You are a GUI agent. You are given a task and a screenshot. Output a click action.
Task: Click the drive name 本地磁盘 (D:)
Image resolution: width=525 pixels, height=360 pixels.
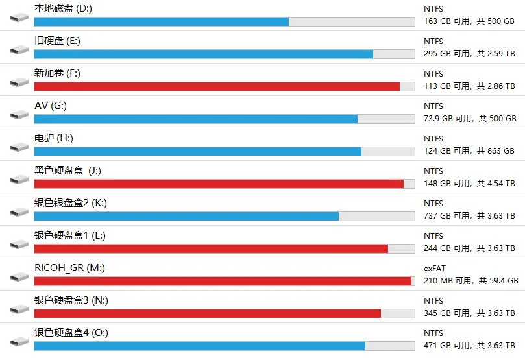pyautogui.click(x=63, y=8)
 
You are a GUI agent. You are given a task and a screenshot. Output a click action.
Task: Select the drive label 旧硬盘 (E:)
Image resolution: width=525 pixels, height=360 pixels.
pyautogui.click(x=57, y=41)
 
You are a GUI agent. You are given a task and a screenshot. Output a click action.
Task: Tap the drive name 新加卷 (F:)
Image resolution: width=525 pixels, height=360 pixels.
pyautogui.click(x=57, y=73)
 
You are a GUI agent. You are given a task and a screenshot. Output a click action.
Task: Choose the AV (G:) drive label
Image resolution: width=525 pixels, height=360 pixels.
pyautogui.click(x=51, y=106)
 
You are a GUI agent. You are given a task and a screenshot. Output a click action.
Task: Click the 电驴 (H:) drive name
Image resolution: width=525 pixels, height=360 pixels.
pyautogui.click(x=54, y=138)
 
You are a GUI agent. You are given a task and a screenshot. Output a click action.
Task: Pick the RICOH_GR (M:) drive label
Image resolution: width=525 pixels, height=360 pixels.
pyautogui.click(x=69, y=268)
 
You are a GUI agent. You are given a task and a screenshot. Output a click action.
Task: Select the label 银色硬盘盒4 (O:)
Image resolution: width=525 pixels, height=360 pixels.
pyautogui.click(x=71, y=333)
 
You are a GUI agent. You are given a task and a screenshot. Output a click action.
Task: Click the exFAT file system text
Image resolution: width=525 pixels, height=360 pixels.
pyautogui.click(x=435, y=269)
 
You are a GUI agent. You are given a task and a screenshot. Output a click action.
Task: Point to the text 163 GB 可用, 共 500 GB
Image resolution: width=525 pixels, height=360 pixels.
pyautogui.click(x=469, y=21)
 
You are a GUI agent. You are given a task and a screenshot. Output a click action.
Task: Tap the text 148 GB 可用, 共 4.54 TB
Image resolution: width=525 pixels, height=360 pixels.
pyautogui.click(x=469, y=184)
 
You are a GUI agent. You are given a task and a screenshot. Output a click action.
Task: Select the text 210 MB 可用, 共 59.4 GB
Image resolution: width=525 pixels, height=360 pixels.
pyautogui.click(x=470, y=281)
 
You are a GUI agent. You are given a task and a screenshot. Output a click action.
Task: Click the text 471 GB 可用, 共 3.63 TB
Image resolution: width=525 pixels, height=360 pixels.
pyautogui.click(x=469, y=346)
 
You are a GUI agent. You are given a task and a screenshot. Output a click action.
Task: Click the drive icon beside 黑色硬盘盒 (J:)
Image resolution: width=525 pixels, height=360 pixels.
pyautogui.click(x=19, y=180)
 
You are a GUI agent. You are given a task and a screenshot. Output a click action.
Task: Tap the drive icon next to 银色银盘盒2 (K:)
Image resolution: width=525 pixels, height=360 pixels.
pyautogui.click(x=19, y=212)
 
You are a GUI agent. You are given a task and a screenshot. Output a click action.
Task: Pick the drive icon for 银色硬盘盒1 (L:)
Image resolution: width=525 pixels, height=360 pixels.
pyautogui.click(x=19, y=245)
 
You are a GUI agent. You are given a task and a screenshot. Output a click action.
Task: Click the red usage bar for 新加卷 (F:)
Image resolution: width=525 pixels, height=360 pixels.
pyautogui.click(x=217, y=87)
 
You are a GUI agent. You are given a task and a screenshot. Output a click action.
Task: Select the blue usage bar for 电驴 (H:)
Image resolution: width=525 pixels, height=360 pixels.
pyautogui.click(x=198, y=152)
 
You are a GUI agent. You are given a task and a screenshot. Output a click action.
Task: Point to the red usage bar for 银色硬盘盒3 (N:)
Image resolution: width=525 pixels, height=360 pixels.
pyautogui.click(x=208, y=314)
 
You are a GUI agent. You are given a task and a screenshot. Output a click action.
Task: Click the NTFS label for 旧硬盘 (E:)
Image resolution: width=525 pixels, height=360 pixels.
pyautogui.click(x=433, y=41)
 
